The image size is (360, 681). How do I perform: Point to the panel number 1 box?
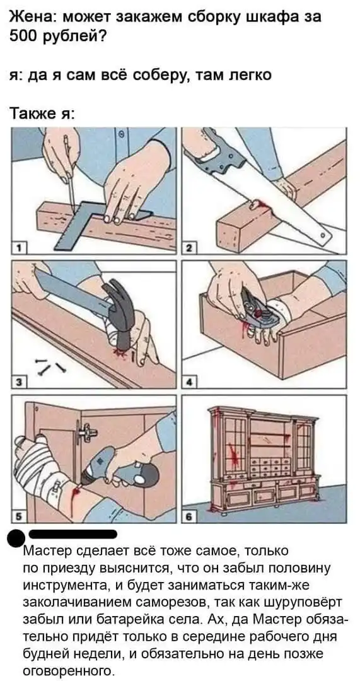tap(19, 248)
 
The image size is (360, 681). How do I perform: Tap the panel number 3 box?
tap(19, 381)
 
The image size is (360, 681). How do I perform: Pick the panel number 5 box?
tap(19, 516)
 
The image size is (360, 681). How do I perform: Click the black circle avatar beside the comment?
tap(18, 538)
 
